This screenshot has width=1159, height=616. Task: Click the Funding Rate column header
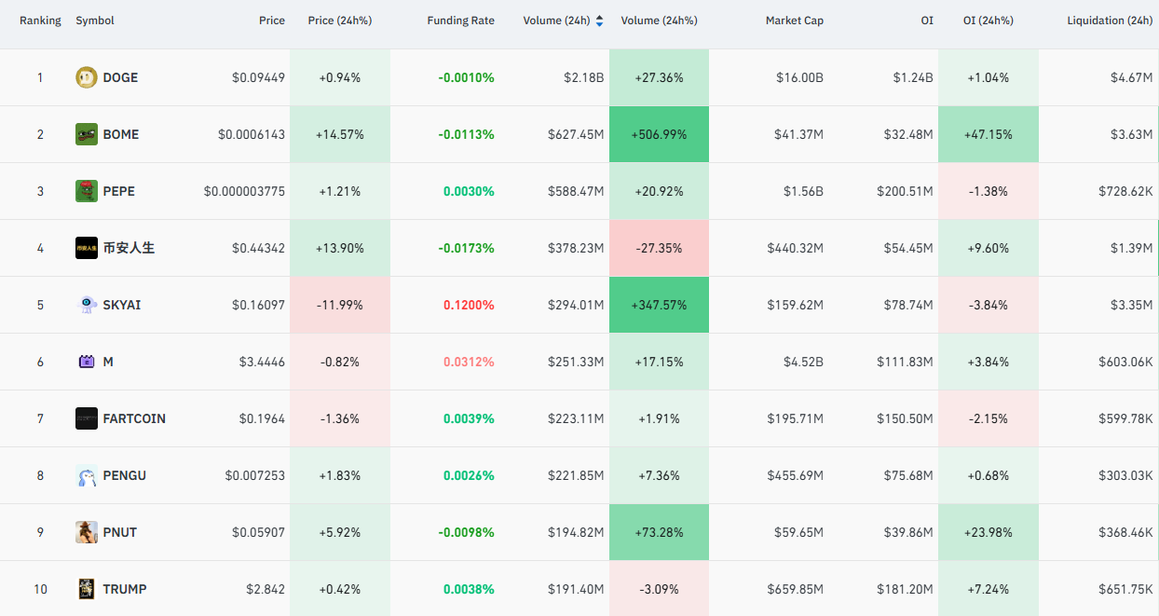pyautogui.click(x=460, y=21)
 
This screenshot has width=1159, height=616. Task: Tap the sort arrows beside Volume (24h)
pyautogui.click(x=599, y=21)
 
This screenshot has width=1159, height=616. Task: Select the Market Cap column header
pyautogui.click(x=794, y=21)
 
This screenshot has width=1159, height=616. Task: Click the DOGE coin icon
pyautogui.click(x=87, y=77)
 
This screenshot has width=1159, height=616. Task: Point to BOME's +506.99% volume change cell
pyautogui.click(x=659, y=134)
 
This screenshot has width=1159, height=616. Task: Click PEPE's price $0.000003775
pyautogui.click(x=244, y=192)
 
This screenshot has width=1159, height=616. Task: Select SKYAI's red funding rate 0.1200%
pyautogui.click(x=469, y=305)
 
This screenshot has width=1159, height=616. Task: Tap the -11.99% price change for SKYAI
pyautogui.click(x=339, y=305)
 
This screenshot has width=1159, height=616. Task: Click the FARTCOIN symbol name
pyautogui.click(x=134, y=418)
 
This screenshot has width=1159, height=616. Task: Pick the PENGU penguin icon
pyautogui.click(x=87, y=475)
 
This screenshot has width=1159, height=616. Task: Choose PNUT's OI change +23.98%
pyautogui.click(x=988, y=533)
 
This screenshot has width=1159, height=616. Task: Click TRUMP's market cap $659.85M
pyautogui.click(x=796, y=590)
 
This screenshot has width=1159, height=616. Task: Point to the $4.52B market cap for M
pyautogui.click(x=803, y=362)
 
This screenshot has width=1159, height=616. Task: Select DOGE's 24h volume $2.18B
pyautogui.click(x=583, y=77)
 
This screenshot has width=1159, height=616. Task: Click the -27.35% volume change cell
pyautogui.click(x=659, y=248)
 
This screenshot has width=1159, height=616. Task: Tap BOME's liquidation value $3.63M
pyautogui.click(x=1132, y=134)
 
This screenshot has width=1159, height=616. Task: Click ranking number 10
pyautogui.click(x=40, y=590)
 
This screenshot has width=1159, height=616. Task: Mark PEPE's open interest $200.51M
pyautogui.click(x=905, y=192)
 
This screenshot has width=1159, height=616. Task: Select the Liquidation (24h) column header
pyautogui.click(x=1110, y=21)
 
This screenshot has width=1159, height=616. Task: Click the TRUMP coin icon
pyautogui.click(x=87, y=589)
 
